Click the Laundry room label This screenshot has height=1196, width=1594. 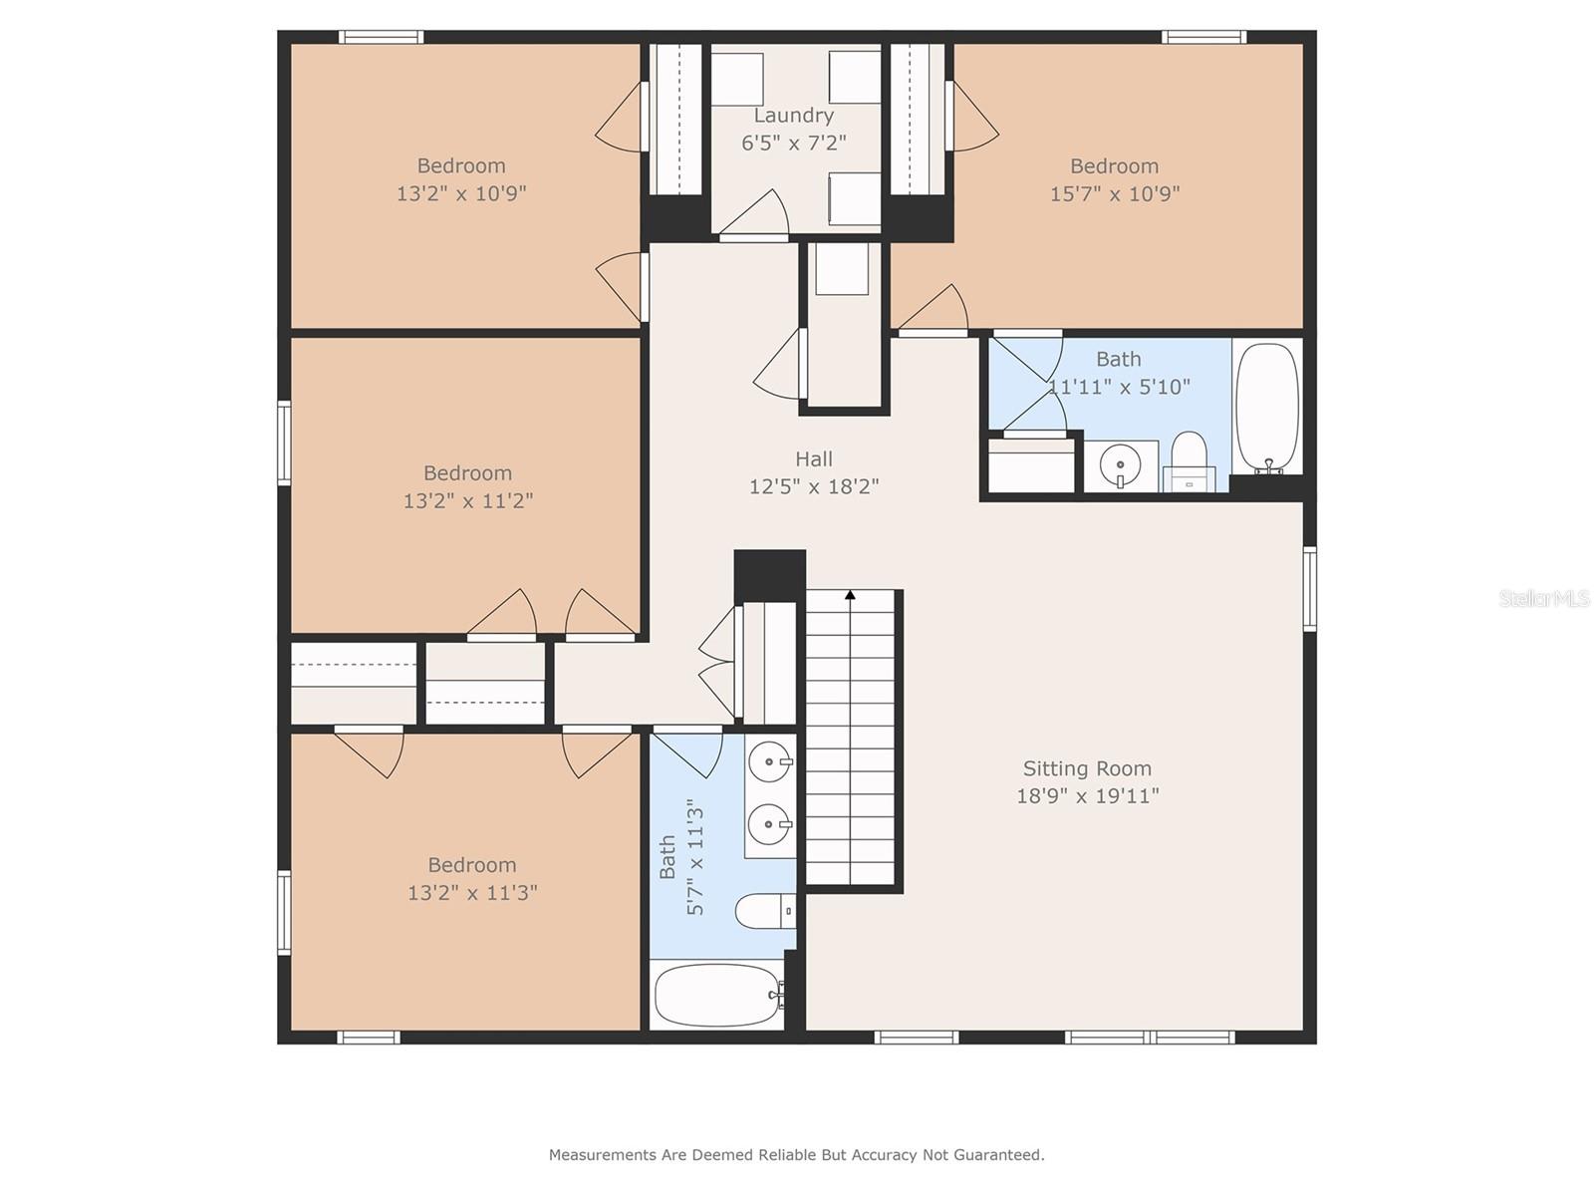pos(793,116)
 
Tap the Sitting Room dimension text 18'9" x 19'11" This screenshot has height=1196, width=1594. pos(1087,796)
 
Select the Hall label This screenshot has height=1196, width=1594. pos(813,458)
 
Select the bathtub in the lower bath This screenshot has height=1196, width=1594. pos(717,995)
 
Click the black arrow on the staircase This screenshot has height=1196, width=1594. pos(851,595)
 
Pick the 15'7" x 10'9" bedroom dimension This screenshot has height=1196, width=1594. pos(1115,194)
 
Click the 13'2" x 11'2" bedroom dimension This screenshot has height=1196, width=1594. pos(467,500)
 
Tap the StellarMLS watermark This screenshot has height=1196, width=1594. pos(1544,598)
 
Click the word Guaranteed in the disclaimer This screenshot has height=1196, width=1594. pos(1003,1154)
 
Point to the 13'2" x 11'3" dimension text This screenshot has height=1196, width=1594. pos(472,892)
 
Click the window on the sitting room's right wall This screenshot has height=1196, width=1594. pos(1309,589)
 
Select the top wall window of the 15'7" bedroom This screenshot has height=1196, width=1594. pos(1204,37)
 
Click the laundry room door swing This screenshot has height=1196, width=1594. pos(754,213)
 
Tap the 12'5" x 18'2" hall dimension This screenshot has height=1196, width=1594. pos(813,485)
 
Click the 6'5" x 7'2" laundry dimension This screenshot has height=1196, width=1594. pos(794,143)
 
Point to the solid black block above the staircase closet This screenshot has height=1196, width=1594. pos(770,576)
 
